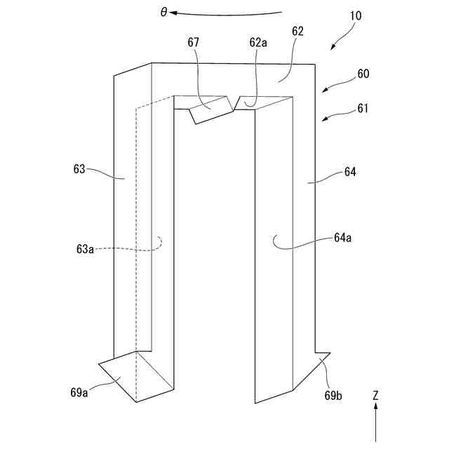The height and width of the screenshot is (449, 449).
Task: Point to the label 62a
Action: pos(258,42)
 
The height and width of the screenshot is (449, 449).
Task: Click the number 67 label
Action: pos(194,42)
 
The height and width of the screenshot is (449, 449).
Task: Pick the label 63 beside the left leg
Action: pos(79,169)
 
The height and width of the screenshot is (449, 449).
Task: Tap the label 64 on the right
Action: pos(350,171)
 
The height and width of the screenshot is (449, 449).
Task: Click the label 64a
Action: pos(342,238)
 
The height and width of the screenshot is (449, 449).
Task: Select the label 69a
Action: pos(79,392)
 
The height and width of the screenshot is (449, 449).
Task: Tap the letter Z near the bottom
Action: pos(375,396)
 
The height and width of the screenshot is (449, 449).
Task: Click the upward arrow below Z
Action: pos(375,424)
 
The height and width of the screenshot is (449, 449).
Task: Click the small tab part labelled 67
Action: pos(211,110)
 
